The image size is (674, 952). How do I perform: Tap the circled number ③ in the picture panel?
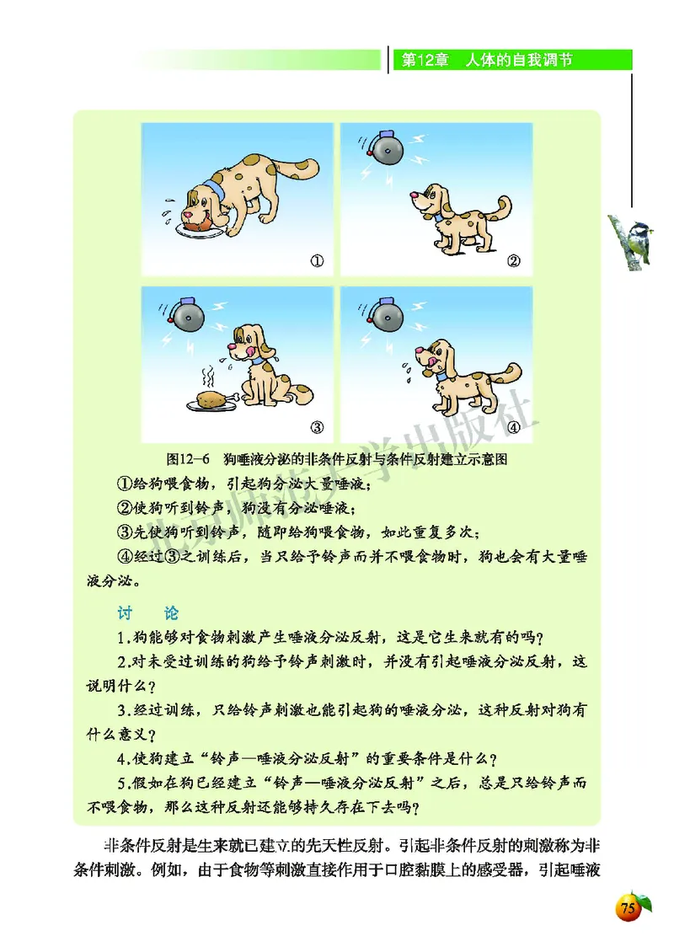click(x=318, y=425)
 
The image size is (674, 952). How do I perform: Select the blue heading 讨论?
click(x=147, y=612)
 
